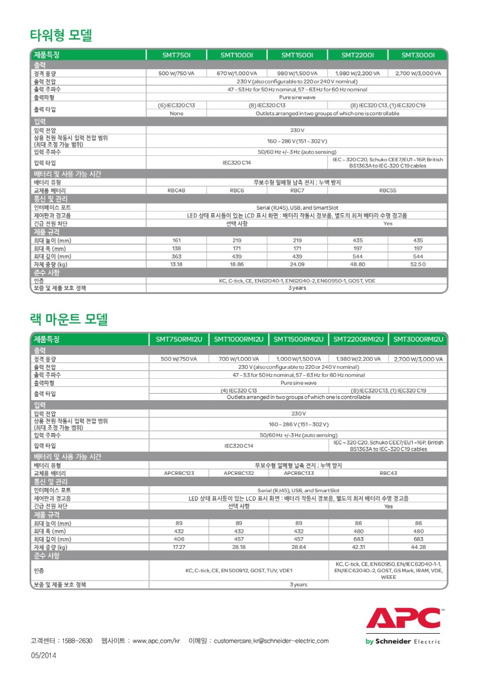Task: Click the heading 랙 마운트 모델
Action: click(x=69, y=319)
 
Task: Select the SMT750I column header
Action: click(x=176, y=55)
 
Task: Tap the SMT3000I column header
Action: click(x=417, y=55)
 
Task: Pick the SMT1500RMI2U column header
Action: click(x=299, y=339)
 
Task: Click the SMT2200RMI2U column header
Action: click(x=358, y=339)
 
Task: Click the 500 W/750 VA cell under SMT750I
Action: click(x=176, y=73)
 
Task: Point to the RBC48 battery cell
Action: click(x=176, y=191)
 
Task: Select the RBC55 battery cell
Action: click(x=388, y=191)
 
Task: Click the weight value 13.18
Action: click(x=176, y=264)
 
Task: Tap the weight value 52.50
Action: click(x=417, y=264)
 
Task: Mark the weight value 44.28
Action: click(x=418, y=547)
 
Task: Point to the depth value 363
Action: click(x=176, y=256)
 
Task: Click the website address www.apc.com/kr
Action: click(x=156, y=641)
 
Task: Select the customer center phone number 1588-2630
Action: click(x=78, y=641)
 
